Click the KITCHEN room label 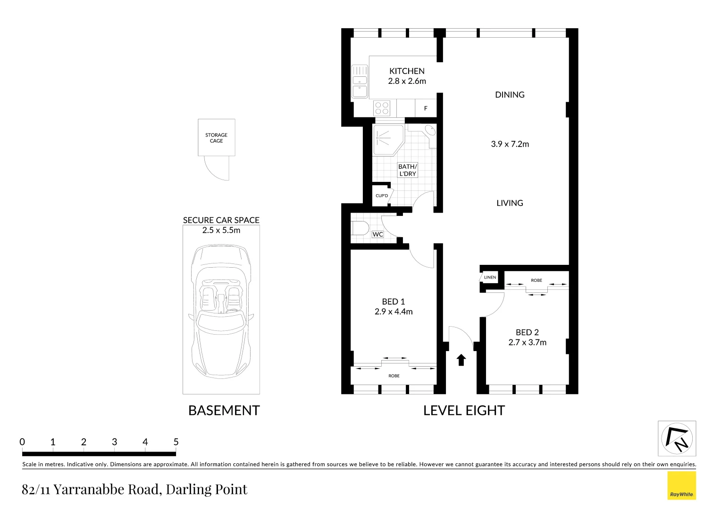pyautogui.click(x=406, y=71)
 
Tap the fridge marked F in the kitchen pyautogui.click(x=426, y=108)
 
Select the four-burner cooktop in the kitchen pyautogui.click(x=382, y=108)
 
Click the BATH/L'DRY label pyautogui.click(x=407, y=170)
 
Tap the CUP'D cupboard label pyautogui.click(x=381, y=196)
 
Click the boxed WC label pyautogui.click(x=377, y=234)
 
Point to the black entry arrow pyautogui.click(x=461, y=360)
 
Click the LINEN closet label pyautogui.click(x=490, y=277)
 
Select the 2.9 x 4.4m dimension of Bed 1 pyautogui.click(x=394, y=312)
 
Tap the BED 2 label pyautogui.click(x=527, y=332)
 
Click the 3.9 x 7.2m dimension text pyautogui.click(x=510, y=144)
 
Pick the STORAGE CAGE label pyautogui.click(x=216, y=138)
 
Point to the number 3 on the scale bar pyautogui.click(x=114, y=442)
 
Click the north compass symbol pyautogui.click(x=677, y=439)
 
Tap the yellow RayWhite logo pyautogui.click(x=681, y=485)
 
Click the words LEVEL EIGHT pyautogui.click(x=464, y=410)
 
